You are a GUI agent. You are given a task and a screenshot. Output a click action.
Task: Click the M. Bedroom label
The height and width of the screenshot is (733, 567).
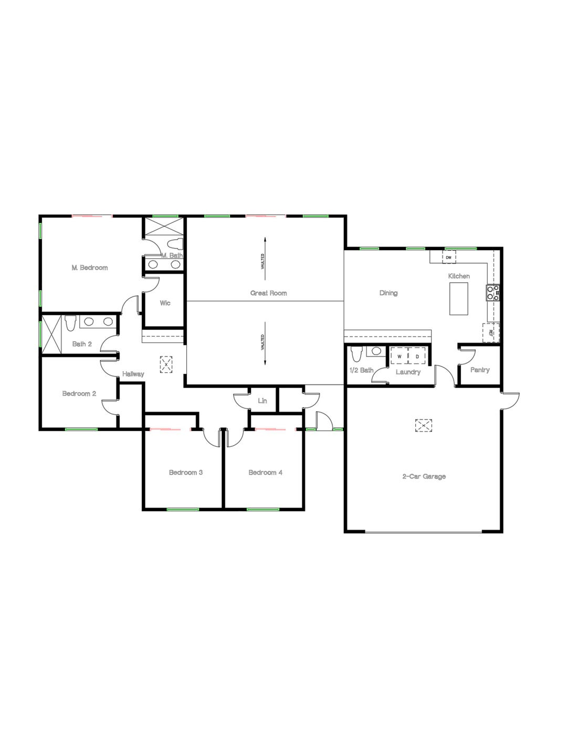90,268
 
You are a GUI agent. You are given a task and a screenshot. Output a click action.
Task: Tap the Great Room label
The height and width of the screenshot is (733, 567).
268,293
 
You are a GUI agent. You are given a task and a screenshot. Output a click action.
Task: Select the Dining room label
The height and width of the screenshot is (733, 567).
388,293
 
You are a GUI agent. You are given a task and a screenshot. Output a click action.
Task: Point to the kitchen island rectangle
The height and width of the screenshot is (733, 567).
459,299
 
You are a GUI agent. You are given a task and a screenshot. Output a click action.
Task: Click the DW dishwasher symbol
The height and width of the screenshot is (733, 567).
448,257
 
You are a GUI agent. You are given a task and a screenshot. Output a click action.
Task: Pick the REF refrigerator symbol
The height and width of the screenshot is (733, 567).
491,332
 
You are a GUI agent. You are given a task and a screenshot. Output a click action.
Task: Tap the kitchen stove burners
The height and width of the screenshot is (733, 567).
493,292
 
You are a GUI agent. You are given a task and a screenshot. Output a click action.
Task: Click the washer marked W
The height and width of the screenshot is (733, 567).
400,357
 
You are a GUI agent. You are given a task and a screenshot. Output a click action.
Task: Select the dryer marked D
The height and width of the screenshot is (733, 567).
417,357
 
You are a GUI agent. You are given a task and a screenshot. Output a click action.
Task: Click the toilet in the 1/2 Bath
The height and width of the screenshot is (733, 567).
356,354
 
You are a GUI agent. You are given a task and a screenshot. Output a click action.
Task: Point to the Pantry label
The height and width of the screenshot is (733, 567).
480,370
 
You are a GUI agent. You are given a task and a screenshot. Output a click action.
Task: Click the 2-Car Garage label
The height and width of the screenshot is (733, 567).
424,477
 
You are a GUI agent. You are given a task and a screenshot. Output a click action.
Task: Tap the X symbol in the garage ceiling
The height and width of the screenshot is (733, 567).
424,425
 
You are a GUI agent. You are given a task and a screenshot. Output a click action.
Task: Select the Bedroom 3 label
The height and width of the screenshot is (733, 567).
186,472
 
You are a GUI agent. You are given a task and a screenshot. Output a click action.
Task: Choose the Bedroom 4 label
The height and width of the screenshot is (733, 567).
266,472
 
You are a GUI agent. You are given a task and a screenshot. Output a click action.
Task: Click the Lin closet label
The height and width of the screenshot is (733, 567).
262,401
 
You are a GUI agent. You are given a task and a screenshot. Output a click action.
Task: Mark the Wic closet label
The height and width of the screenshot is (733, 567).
165,303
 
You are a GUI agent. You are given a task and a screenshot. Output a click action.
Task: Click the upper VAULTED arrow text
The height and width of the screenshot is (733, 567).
262,261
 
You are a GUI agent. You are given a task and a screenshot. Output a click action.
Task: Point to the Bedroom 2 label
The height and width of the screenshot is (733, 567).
79,394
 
